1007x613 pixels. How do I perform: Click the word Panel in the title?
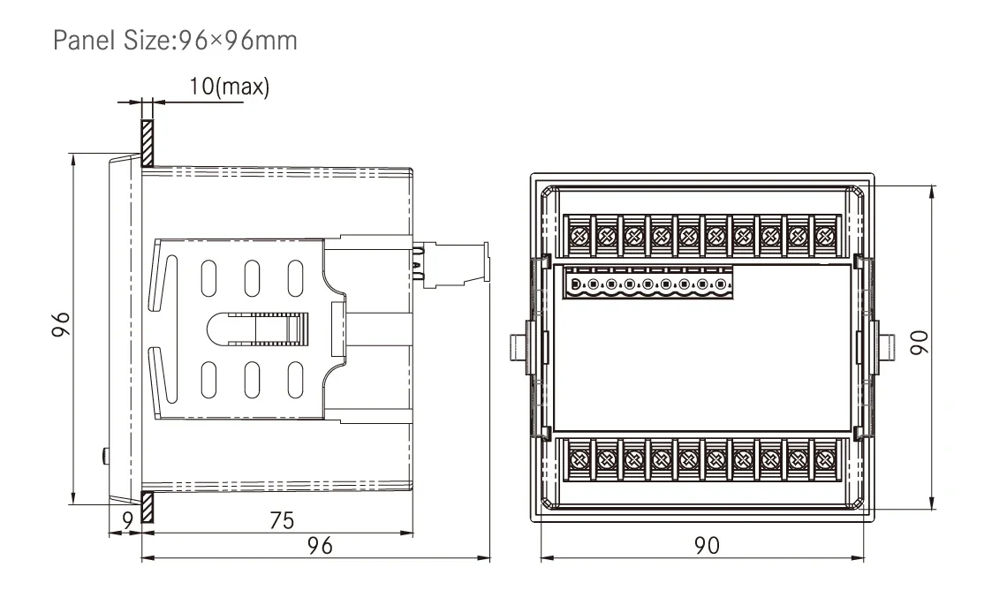pos(85,41)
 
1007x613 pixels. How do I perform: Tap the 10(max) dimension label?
pos(230,86)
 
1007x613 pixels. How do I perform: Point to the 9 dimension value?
pos(128,519)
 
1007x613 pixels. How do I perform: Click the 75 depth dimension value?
pos(282,520)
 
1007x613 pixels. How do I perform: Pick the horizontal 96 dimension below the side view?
pos(320,546)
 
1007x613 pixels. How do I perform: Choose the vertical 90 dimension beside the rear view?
pos(919,342)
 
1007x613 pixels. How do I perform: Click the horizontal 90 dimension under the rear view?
pos(707,546)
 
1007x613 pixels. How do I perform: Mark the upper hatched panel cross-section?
pos(147,143)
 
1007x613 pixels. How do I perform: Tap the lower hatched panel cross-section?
pos(147,507)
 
